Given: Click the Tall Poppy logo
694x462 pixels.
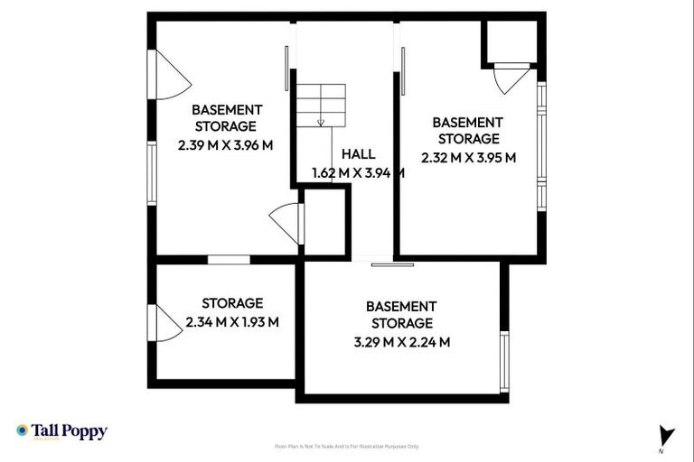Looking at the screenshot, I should click(61, 431).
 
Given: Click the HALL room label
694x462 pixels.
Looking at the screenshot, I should click(358, 154).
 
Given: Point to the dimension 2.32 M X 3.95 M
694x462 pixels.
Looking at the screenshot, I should click(468, 156).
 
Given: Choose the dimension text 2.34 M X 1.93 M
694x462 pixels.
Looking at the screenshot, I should click(232, 321).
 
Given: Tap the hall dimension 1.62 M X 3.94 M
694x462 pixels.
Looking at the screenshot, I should click(357, 173).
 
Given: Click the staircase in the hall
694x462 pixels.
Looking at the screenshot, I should click(323, 106).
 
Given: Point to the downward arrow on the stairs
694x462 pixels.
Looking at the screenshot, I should click(321, 120).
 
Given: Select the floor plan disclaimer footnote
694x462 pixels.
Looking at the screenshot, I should click(347, 446).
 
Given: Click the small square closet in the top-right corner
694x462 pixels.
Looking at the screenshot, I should click(511, 41).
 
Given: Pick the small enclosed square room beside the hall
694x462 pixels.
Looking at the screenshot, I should click(325, 221).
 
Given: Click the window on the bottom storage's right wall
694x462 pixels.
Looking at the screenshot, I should click(505, 362).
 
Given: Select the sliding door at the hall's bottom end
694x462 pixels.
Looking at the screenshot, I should click(392, 264).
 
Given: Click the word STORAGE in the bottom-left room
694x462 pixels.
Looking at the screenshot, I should click(232, 303).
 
